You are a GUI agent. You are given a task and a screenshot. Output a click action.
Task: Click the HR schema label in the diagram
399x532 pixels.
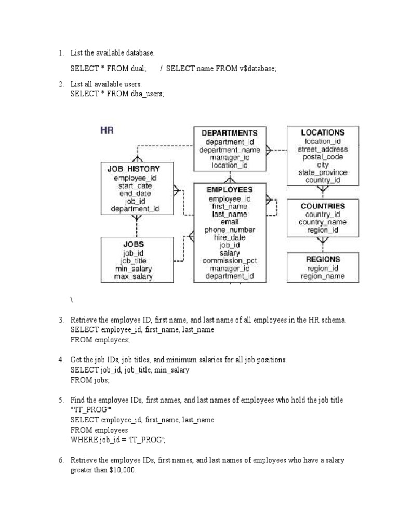pyautogui.click(x=107, y=130)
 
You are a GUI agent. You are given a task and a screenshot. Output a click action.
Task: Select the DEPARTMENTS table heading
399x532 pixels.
pyautogui.click(x=229, y=133)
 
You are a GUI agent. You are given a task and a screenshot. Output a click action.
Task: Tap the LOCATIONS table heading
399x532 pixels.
pyautogui.click(x=322, y=132)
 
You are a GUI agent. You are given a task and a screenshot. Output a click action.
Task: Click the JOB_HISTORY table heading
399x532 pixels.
pyautogui.click(x=134, y=169)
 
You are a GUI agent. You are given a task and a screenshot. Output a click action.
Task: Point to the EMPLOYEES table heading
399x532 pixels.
pyautogui.click(x=230, y=190)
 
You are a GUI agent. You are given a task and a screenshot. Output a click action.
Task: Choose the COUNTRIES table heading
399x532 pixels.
pyautogui.click(x=322, y=206)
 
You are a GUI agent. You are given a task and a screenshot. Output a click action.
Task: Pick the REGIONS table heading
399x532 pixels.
pyautogui.click(x=323, y=259)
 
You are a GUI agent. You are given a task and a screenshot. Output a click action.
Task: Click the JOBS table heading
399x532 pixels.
pyautogui.click(x=134, y=244)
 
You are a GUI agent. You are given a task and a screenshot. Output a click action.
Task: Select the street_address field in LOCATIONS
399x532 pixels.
pyautogui.click(x=323, y=149)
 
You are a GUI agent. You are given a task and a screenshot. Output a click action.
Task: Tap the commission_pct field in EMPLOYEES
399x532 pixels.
pyautogui.click(x=230, y=261)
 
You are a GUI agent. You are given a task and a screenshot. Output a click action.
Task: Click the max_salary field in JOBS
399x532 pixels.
pyautogui.click(x=134, y=277)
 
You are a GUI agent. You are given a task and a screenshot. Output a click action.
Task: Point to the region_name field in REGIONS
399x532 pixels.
pyautogui.click(x=323, y=277)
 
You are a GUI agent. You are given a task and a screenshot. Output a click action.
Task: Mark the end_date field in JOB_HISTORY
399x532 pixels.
pyautogui.click(x=135, y=193)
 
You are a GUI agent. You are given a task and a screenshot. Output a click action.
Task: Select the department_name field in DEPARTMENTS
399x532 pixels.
pyautogui.click(x=230, y=150)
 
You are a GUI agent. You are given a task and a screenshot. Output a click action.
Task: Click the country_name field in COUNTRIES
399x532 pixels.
pyautogui.click(x=323, y=222)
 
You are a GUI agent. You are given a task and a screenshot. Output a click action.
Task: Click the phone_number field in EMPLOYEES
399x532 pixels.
pyautogui.click(x=230, y=230)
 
